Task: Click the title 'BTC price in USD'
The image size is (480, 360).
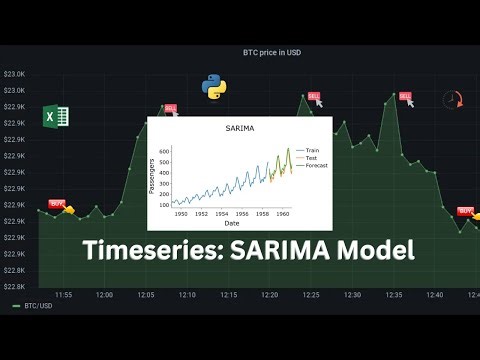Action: point(271,52)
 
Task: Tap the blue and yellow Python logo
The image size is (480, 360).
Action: point(212,87)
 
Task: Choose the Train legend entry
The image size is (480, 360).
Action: point(312,149)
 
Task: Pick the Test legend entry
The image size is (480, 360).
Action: point(311,157)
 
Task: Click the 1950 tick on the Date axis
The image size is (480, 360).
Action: point(181,213)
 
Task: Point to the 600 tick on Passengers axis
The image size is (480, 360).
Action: point(164,151)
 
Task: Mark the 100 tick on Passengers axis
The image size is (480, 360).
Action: point(164,204)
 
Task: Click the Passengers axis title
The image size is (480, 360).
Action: point(152,176)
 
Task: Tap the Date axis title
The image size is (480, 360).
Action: point(231,222)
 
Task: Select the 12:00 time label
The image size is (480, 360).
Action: point(104,295)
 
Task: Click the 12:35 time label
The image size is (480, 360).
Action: point(394,295)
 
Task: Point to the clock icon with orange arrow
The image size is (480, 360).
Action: point(452,101)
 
